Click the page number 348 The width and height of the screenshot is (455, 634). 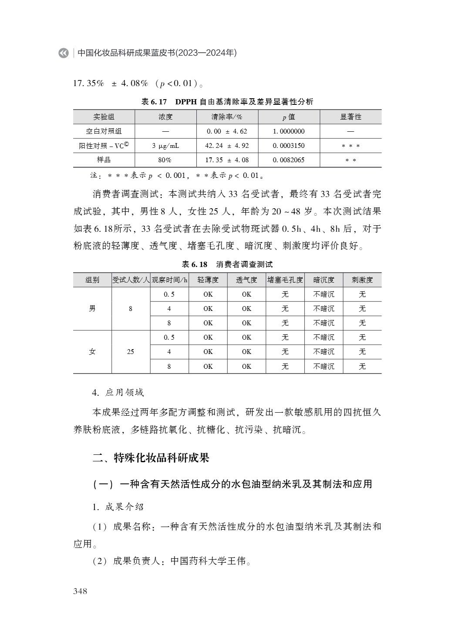pos(80,591)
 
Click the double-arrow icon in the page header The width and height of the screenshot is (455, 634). pos(64,53)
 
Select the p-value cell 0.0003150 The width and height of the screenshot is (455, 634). pos(289,146)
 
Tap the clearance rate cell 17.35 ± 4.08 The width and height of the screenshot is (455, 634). pos(227,160)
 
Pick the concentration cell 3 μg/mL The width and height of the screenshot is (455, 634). pos(165,146)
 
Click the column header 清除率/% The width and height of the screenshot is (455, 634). pos(227,117)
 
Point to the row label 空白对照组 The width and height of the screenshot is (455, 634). pos(104,131)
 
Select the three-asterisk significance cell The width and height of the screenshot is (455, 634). pos(351,146)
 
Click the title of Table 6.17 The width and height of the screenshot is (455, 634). pos(227,102)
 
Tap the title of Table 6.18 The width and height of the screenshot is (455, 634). pos(227,264)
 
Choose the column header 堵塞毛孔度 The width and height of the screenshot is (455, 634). pos(285,280)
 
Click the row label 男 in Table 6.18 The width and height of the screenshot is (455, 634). pos(92,309)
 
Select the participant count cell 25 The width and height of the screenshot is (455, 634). pos(131,352)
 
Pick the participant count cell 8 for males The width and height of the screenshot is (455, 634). pos(131,309)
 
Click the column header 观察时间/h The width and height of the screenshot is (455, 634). pos(169,280)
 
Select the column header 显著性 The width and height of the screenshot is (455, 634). pos(351,117)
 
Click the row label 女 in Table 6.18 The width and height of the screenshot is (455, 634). pos(92,352)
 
